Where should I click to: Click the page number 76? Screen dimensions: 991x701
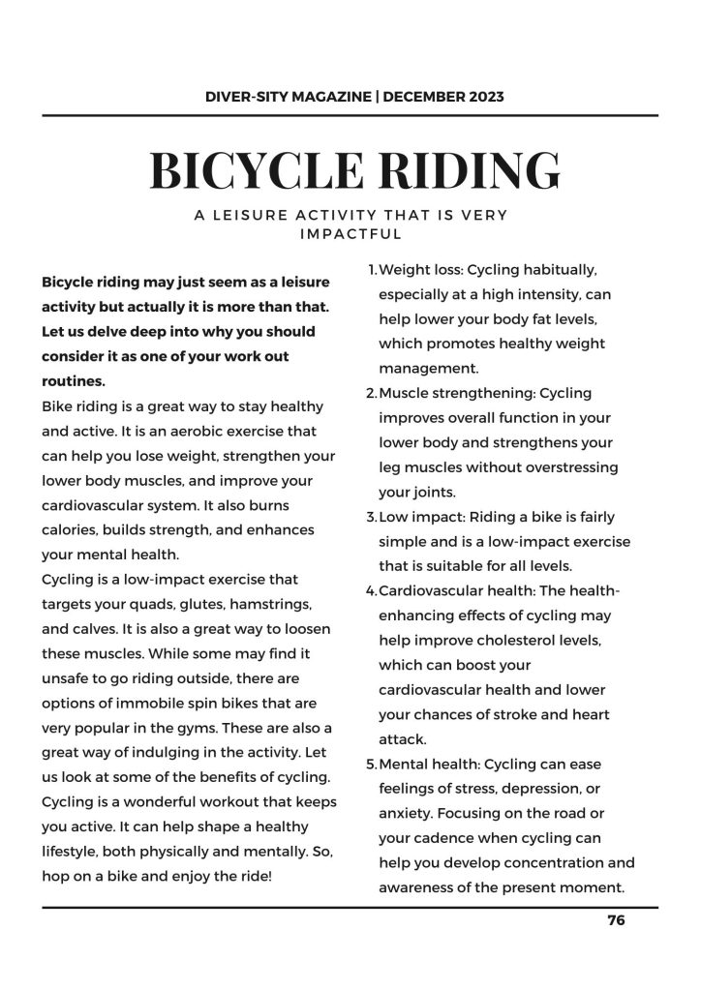point(616,920)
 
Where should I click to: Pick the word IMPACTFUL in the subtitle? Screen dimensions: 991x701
point(350,233)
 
